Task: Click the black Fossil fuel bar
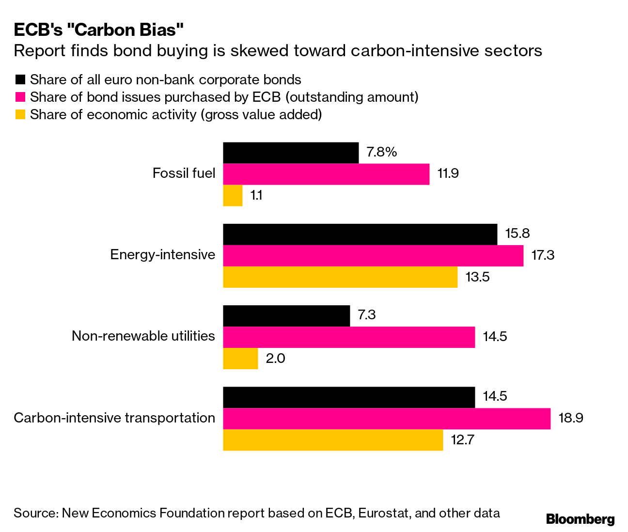pos(291,153)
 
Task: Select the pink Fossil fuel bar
pos(326,174)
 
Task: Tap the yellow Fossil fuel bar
pos(233,195)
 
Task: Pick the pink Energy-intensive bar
pos(373,255)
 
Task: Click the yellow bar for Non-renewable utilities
pos(240,359)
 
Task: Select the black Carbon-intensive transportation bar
pos(349,397)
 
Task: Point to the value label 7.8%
pos(382,152)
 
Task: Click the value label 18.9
pos(571,418)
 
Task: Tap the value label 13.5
pos(478,277)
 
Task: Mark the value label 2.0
pos(275,359)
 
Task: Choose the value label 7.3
pos(367,315)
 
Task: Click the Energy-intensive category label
pos(162,254)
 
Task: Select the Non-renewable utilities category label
pos(143,336)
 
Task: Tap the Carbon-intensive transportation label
pos(114,418)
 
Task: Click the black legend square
pos(20,80)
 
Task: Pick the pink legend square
pos(20,97)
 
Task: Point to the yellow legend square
pos(20,115)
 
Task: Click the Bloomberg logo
pos(580,519)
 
